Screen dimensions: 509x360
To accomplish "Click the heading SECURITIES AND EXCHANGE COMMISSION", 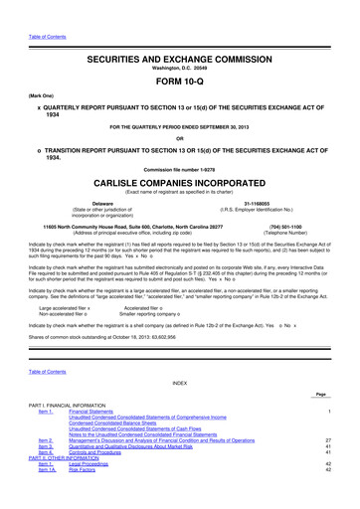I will tap(179, 32).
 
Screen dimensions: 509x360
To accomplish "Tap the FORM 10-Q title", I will tap(179, 55).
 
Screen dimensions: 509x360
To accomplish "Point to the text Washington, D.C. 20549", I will tap(179, 42).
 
